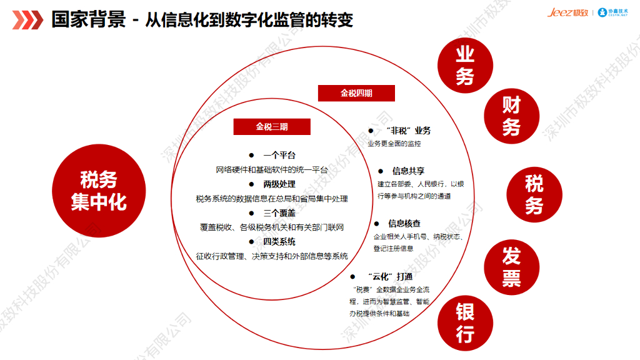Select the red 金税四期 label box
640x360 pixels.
point(356,93)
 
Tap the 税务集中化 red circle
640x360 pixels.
point(98,191)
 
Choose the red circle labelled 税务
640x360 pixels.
point(534,195)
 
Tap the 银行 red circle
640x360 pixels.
point(464,322)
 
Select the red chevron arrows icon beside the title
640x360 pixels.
point(27,20)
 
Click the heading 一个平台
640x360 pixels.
point(279,156)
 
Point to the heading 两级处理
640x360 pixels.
point(279,184)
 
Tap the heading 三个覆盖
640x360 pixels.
point(279,213)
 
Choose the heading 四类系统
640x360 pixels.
point(279,242)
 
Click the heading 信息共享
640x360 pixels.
point(408,171)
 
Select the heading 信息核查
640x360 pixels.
point(404,223)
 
